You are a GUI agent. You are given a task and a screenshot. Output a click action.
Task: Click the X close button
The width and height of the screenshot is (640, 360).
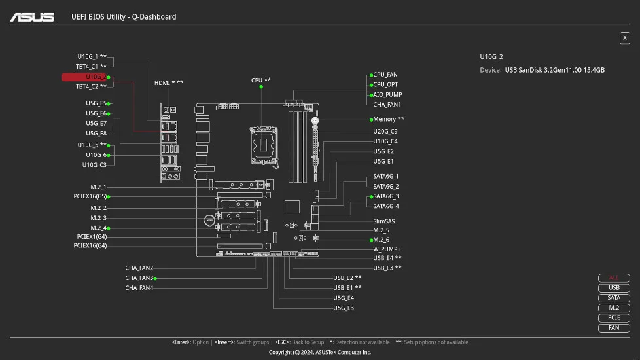[624, 38]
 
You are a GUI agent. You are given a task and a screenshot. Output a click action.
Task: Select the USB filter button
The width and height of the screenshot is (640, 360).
[614, 288]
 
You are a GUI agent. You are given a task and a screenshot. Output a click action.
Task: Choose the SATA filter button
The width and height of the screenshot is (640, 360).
[614, 298]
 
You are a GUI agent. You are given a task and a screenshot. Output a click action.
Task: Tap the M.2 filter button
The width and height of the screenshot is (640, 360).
[614, 308]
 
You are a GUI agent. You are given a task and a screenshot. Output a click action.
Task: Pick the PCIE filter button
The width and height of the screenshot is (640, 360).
[614, 318]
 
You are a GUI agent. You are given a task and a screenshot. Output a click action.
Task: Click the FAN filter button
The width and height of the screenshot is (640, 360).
[614, 328]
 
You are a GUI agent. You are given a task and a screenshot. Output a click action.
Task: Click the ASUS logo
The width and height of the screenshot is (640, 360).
[32, 16]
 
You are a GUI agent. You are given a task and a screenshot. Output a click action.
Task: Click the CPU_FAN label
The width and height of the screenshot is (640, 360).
[385, 75]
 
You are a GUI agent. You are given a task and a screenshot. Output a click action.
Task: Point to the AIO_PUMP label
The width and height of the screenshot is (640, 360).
[387, 94]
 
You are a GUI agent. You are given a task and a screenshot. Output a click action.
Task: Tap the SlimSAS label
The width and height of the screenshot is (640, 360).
[384, 221]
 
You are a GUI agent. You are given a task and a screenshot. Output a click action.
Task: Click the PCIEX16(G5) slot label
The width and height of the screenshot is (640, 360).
[90, 196]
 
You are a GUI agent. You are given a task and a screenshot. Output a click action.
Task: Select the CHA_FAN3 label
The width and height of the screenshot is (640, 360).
[139, 278]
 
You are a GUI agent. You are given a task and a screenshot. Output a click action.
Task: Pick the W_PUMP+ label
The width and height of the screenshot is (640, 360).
[387, 249]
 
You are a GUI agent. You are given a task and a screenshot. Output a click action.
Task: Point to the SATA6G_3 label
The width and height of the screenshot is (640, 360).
[386, 196]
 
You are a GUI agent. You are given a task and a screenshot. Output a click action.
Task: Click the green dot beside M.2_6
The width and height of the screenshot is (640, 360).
[370, 240]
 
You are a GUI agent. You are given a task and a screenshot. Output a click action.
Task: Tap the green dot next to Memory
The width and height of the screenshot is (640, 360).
[370, 120]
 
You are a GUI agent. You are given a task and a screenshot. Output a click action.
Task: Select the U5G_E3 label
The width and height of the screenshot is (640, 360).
[344, 308]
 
